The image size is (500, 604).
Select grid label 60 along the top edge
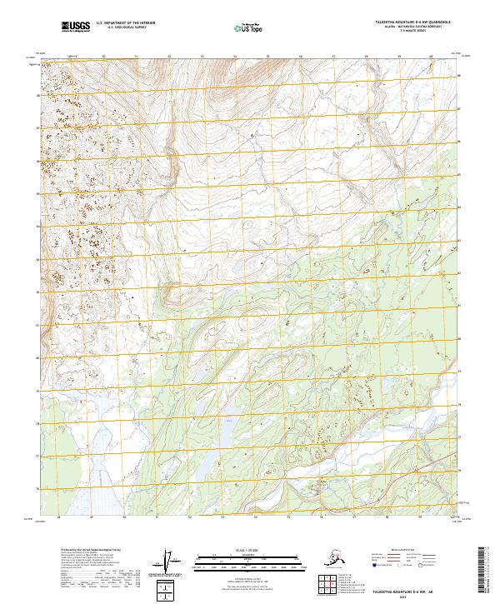(431, 57)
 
